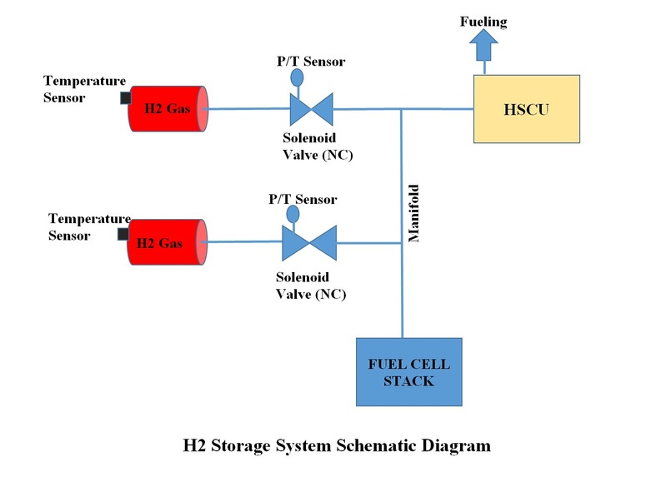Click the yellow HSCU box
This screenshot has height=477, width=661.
526,109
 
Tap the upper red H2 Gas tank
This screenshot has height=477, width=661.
167,108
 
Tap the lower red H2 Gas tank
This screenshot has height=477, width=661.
167,242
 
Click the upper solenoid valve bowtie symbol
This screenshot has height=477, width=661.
309,108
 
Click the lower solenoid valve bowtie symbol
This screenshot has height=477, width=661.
308,242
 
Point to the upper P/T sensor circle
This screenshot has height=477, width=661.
296,77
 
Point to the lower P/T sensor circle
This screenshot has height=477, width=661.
293,213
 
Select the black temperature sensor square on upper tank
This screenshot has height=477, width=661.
125,98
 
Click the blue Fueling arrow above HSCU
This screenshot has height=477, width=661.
483,47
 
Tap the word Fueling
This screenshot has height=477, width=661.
483,21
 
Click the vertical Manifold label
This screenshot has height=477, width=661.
413,213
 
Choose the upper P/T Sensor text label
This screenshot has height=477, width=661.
311,61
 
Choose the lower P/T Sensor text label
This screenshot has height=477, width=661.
303,199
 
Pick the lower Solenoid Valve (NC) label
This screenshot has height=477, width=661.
310,286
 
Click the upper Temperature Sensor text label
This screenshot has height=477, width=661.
84,88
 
